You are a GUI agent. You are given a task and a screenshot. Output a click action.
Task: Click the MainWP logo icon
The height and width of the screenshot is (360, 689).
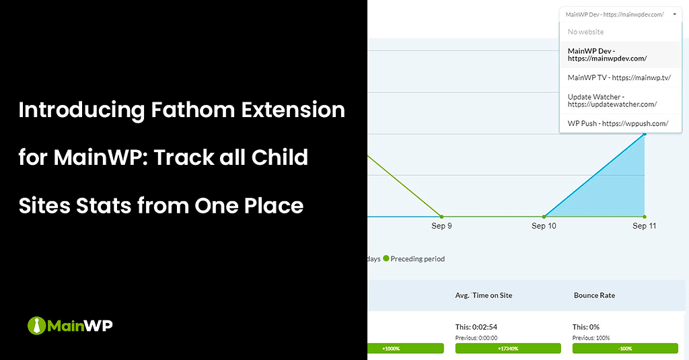(x=36, y=326)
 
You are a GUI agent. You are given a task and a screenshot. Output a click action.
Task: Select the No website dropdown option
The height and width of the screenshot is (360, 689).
(x=585, y=32)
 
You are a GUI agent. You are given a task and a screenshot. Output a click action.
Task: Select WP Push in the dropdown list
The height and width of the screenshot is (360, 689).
(x=608, y=123)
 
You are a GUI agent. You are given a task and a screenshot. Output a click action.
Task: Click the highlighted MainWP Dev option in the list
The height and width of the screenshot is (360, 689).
(x=607, y=55)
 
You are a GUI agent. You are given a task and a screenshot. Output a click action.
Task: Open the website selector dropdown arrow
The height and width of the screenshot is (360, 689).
(x=674, y=14)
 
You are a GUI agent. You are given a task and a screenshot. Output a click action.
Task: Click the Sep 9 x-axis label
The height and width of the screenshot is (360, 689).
(x=441, y=226)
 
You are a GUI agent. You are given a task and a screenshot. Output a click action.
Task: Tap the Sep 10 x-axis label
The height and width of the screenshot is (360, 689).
(x=544, y=226)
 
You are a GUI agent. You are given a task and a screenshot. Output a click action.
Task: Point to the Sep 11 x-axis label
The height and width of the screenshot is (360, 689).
(x=644, y=226)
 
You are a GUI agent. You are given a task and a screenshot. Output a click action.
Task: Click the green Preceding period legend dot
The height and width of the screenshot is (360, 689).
(x=386, y=258)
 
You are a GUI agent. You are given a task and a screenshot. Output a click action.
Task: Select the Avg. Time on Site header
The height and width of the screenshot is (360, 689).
(x=483, y=295)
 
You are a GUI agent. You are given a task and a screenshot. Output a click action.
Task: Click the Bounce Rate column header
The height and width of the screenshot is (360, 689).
(x=594, y=295)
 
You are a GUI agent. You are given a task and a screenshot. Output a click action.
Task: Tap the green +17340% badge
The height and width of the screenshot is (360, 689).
(x=508, y=349)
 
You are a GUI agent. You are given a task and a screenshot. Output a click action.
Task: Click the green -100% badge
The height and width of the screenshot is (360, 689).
(x=625, y=349)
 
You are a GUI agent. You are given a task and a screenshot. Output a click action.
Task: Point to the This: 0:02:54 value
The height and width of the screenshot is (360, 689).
(x=477, y=327)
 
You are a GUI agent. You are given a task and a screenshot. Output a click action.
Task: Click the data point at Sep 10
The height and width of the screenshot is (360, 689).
(x=544, y=217)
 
